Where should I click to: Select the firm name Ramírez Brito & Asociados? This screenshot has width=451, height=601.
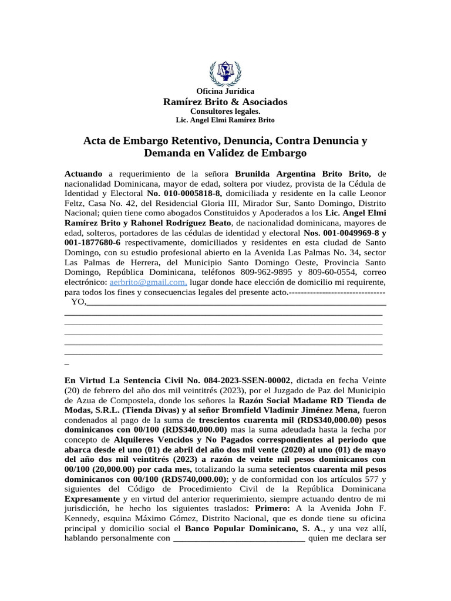(225, 102)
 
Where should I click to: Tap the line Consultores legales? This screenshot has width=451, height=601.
(225, 111)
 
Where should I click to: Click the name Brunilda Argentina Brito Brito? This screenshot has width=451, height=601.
(303, 174)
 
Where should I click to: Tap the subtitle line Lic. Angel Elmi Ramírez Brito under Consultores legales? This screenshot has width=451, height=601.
(225, 120)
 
